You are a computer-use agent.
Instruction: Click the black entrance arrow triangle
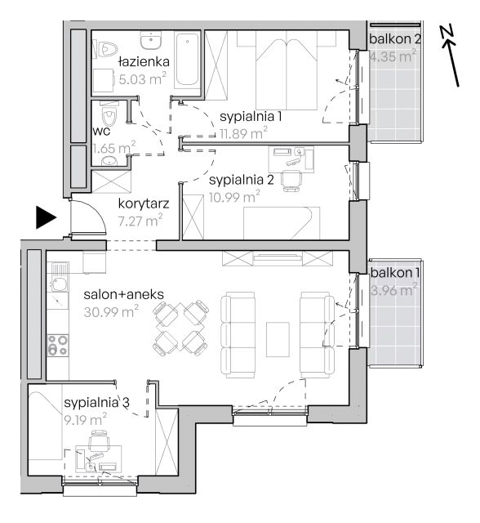click(x=46, y=218)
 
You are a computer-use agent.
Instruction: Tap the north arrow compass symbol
click(x=450, y=56)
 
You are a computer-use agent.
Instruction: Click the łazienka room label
click(x=144, y=62)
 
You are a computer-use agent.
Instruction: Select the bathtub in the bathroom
click(x=187, y=59)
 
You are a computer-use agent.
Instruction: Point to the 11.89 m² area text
click(x=243, y=133)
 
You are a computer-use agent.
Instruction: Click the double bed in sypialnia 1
click(x=287, y=70)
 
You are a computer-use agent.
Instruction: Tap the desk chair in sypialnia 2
click(x=291, y=180)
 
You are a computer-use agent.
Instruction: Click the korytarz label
click(x=144, y=203)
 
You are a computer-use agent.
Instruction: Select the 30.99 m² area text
click(x=111, y=311)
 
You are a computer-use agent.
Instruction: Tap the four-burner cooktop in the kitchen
click(x=58, y=345)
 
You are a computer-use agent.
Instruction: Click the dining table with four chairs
click(x=181, y=328)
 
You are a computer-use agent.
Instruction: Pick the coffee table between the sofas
click(x=278, y=339)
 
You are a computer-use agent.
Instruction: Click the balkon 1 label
click(x=395, y=273)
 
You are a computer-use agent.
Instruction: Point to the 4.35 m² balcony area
click(x=393, y=56)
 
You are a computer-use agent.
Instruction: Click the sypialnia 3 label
click(x=96, y=403)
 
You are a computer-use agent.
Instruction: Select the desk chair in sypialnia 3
click(x=100, y=440)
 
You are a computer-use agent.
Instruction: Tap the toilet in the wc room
click(x=109, y=114)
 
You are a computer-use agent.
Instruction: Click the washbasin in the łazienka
click(x=150, y=40)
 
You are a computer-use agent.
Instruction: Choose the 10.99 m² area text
click(x=234, y=197)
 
